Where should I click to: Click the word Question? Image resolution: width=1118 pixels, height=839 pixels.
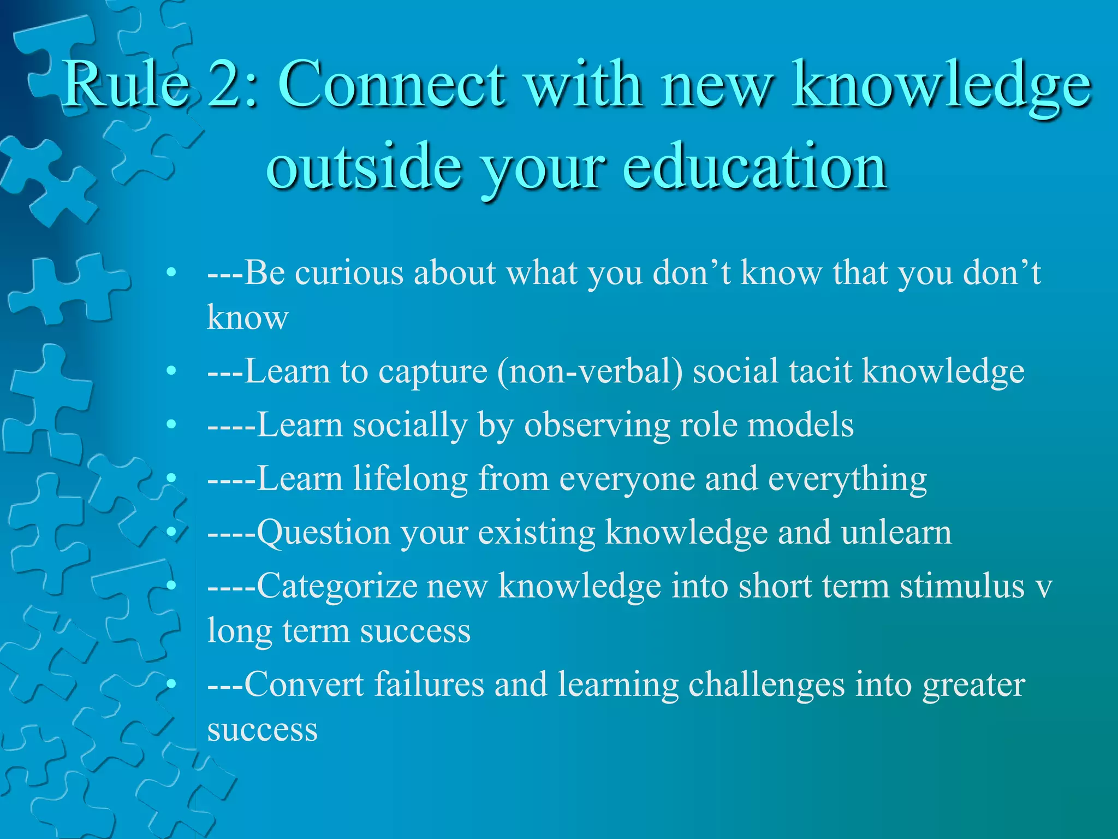click(323, 533)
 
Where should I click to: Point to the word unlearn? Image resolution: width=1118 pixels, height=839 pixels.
click(896, 533)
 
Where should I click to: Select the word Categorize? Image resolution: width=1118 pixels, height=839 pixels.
click(337, 587)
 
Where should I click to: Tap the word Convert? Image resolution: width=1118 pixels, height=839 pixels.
click(304, 684)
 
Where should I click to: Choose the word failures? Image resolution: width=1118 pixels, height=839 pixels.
click(429, 684)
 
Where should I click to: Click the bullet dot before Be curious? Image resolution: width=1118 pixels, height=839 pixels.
click(171, 273)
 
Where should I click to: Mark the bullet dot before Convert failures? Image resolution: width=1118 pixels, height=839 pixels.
click(171, 684)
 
